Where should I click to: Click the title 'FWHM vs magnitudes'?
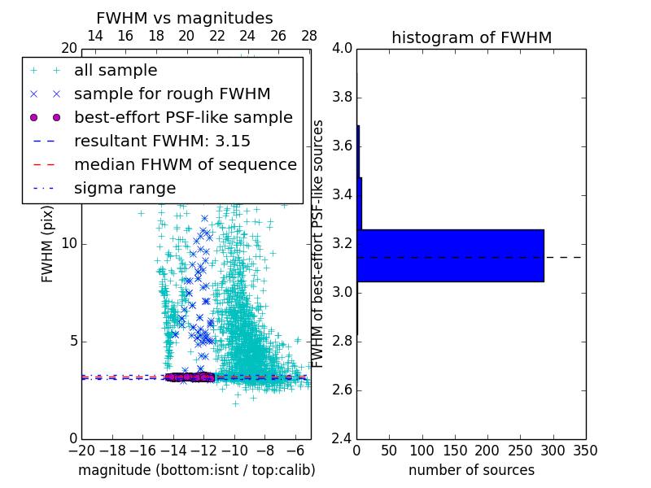185,18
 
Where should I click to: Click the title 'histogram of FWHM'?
471,37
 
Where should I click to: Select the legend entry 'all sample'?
116,71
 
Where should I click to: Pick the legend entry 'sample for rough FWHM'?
172,94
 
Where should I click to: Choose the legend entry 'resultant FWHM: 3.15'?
162,141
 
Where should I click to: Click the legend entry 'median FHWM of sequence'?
185,164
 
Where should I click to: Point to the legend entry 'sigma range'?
125,188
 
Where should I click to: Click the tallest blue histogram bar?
450,255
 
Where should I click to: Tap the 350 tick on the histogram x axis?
585,451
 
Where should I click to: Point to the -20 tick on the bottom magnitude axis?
81,451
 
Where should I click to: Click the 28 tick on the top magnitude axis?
309,36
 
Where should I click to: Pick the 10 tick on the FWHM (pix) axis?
68,244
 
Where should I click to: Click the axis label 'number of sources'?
471,470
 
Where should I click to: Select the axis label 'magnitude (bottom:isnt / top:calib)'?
196,470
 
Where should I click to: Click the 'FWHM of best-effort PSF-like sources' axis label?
319,244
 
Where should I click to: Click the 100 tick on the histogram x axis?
422,451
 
